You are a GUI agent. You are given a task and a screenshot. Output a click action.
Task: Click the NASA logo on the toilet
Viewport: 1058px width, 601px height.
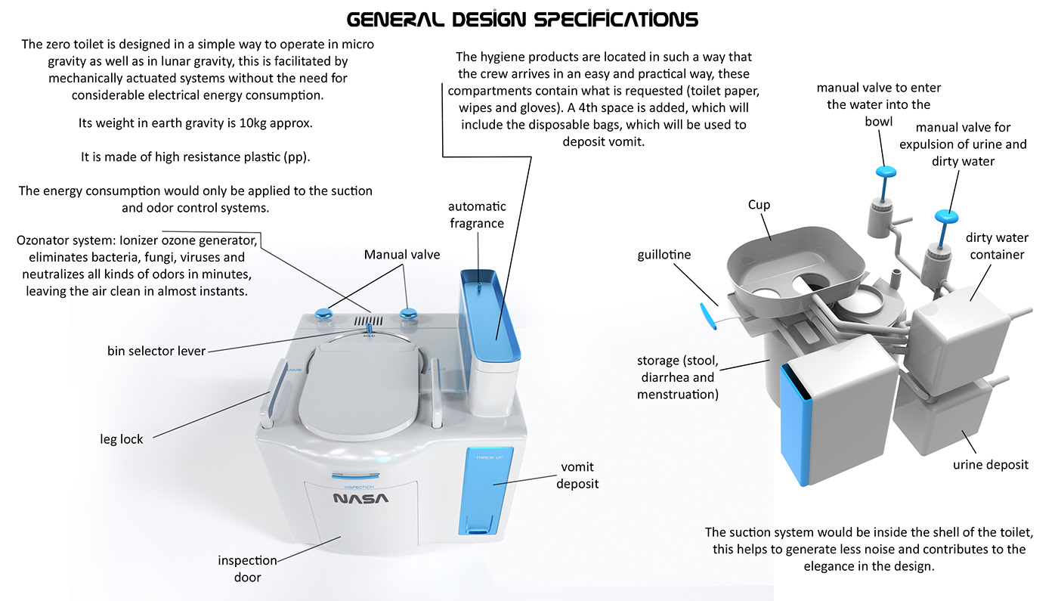(361, 499)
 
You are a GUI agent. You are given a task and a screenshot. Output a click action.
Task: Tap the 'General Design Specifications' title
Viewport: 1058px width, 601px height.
(522, 18)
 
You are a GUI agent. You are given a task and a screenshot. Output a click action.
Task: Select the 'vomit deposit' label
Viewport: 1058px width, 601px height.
(577, 475)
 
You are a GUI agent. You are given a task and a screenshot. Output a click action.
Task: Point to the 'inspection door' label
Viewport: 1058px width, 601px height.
(247, 568)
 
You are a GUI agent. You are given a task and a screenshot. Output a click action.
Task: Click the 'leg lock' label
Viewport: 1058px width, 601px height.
(122, 439)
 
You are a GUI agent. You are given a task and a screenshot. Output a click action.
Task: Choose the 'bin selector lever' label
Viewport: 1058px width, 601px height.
(156, 351)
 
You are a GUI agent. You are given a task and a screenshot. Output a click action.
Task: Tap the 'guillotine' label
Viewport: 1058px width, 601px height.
(664, 255)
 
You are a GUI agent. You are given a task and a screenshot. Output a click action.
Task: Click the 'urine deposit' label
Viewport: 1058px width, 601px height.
(990, 464)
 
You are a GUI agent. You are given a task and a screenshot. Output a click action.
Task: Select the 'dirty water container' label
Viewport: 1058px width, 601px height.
(997, 246)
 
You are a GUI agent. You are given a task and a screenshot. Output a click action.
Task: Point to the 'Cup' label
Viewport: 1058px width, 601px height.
(759, 205)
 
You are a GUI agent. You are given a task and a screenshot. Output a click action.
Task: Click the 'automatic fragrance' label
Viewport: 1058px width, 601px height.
(476, 215)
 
